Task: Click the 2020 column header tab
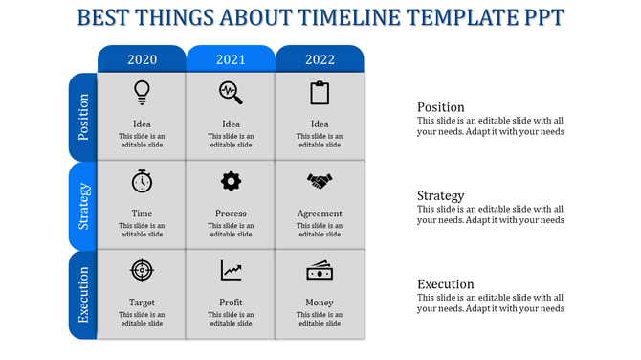pos(142,59)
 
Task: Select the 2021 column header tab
pos(231,59)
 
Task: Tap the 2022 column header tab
pos(320,59)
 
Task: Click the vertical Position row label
pos(83,117)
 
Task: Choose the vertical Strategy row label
pos(83,207)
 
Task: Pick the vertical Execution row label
pos(83,296)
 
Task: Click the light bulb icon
pos(142,92)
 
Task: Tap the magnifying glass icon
pos(231,92)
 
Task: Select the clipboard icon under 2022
pos(320,93)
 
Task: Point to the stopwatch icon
pos(142,181)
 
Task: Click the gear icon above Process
pos(231,181)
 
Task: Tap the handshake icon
pos(320,181)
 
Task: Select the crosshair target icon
pos(142,271)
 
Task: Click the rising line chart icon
pos(231,271)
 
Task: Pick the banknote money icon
pos(320,271)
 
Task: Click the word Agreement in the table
pos(320,214)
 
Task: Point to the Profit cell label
pos(231,303)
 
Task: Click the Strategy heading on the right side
pos(440,196)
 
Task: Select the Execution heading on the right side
pos(445,284)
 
